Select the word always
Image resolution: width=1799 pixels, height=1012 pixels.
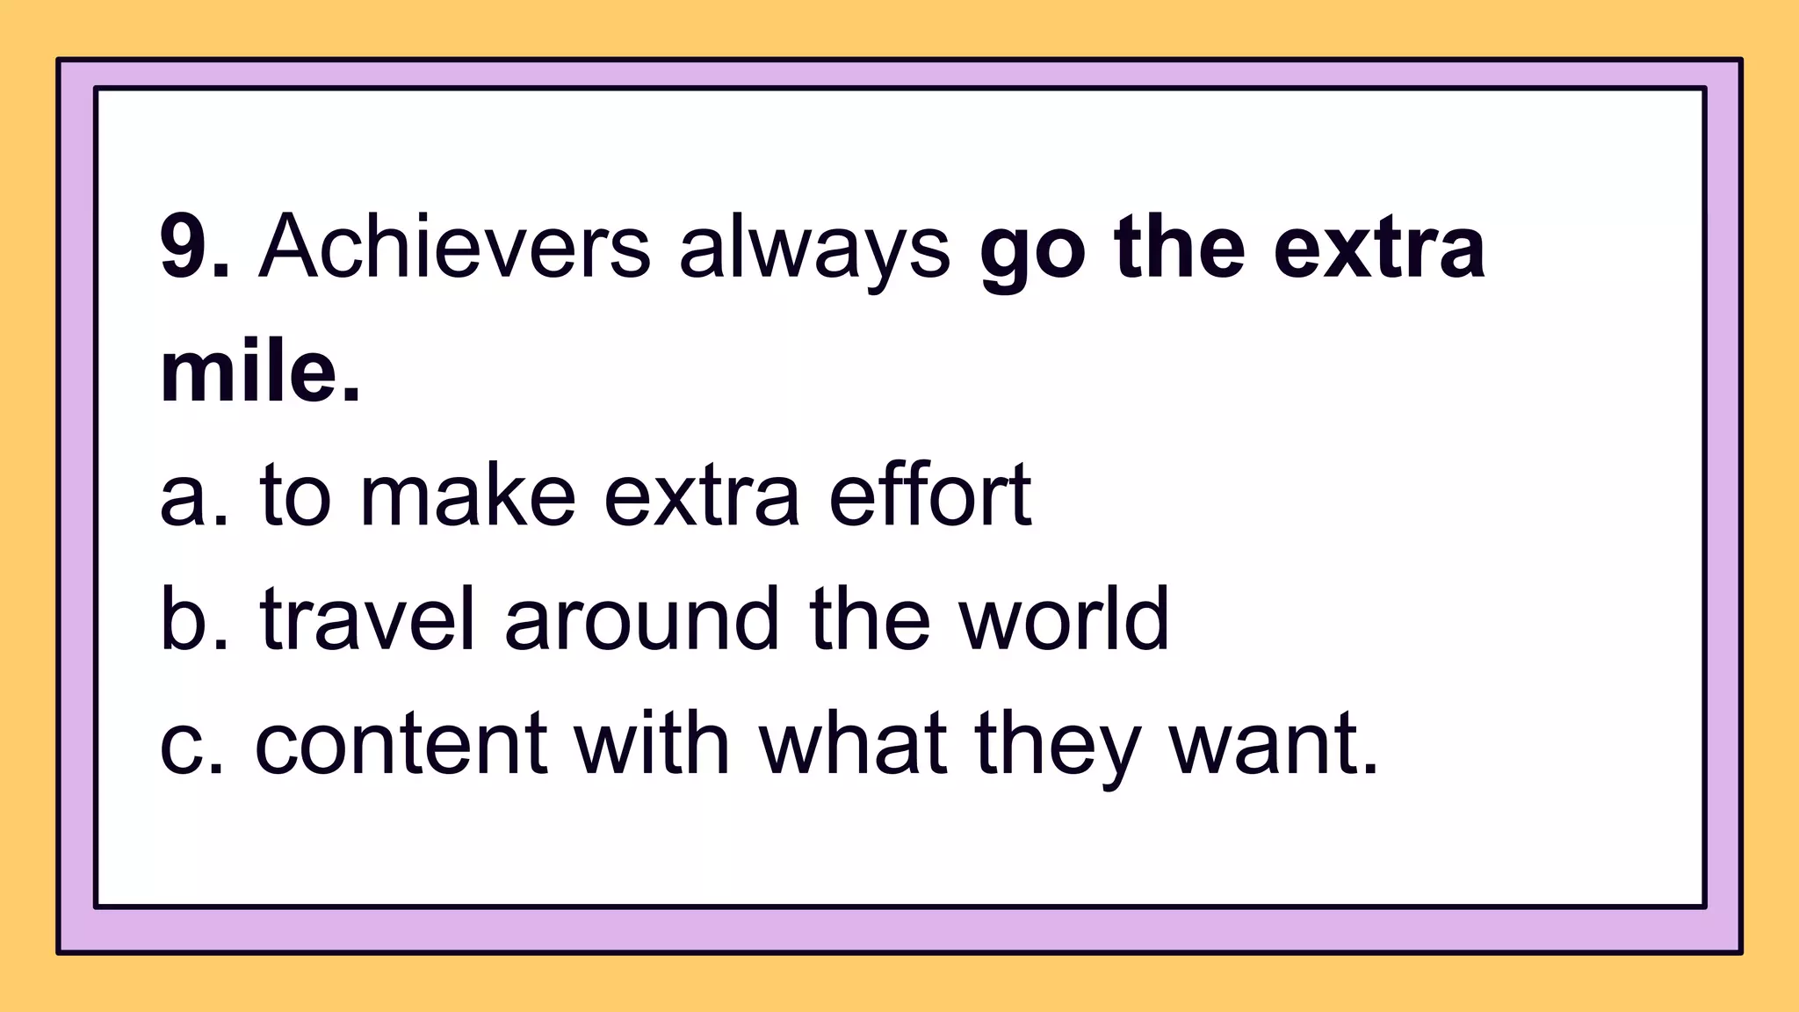814,250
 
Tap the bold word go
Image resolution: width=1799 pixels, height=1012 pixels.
1031,250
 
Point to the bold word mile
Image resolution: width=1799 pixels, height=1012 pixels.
260,372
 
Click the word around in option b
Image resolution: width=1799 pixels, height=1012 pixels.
641,619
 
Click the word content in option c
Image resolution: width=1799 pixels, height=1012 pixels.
401,745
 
